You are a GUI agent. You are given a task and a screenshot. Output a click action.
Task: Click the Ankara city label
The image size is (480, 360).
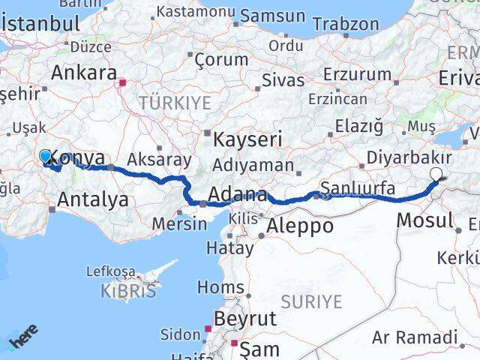[83, 73]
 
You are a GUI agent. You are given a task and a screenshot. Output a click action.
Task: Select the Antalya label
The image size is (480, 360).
[92, 200]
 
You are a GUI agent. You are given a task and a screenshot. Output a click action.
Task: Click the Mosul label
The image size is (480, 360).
[424, 220]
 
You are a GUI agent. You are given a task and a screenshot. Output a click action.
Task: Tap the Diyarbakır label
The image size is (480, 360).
[409, 158]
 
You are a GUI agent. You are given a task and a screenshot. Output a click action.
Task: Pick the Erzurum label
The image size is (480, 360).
[357, 74]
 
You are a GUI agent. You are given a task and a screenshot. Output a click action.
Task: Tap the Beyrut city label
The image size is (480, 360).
[244, 319]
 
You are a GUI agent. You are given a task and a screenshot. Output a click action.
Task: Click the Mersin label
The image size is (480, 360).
[179, 223]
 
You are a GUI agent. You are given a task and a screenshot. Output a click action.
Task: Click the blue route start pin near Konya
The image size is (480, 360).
[46, 155]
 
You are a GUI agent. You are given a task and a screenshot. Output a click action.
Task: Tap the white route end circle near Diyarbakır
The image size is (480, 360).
[436, 174]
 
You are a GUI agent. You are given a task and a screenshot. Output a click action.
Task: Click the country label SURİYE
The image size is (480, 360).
[310, 301]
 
